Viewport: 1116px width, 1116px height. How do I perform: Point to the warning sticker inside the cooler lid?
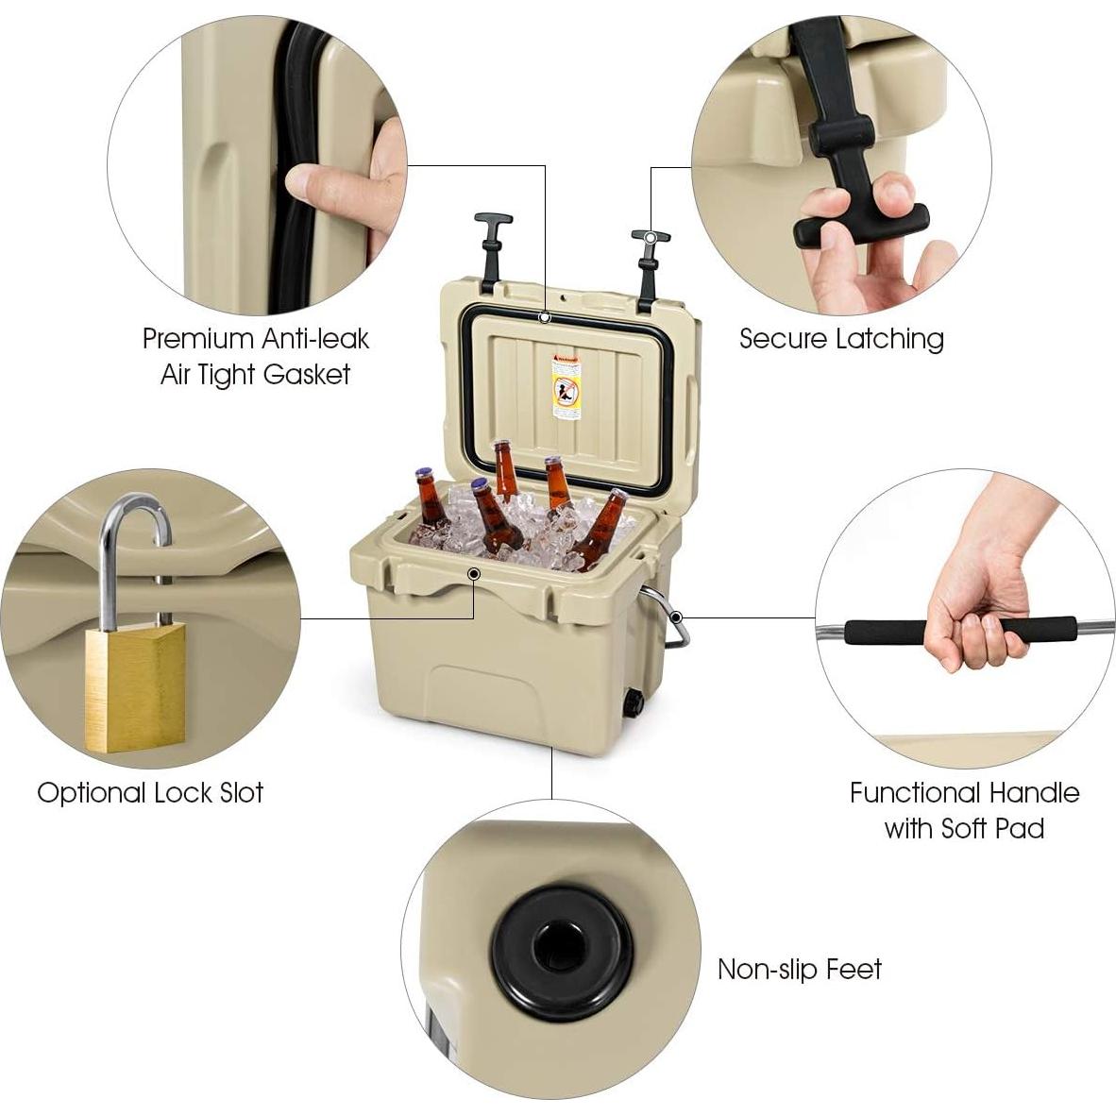point(566,384)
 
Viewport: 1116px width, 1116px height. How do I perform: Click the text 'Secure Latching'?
point(840,339)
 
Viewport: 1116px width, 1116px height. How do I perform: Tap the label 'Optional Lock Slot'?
point(150,792)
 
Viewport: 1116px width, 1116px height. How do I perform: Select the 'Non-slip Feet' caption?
point(799,970)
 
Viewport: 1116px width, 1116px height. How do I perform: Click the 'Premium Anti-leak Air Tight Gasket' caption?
point(255,356)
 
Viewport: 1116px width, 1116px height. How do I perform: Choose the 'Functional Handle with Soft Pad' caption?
point(964,810)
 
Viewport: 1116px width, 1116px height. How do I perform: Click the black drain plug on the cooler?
point(632,703)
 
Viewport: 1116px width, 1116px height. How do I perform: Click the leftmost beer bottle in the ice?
point(431,498)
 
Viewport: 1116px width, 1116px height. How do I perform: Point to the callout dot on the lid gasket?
point(545,317)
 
